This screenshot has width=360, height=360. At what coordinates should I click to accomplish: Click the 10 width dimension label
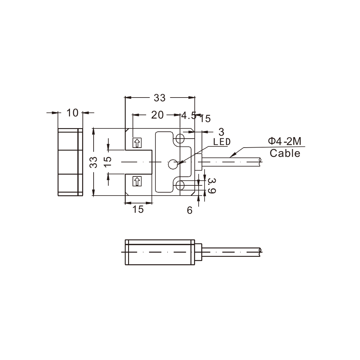pos(72,113)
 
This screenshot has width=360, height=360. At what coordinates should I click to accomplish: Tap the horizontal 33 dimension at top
pos(159,98)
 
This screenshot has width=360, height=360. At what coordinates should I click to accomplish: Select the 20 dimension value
pos(157,115)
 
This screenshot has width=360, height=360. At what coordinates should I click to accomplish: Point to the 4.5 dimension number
pos(189,116)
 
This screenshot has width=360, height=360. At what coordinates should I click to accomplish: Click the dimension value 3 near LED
pos(221,132)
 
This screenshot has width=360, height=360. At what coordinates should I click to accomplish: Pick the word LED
pos(222,142)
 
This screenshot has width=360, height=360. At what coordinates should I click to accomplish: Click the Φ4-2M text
pos(285,141)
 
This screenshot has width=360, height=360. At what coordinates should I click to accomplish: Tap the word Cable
pos(285,153)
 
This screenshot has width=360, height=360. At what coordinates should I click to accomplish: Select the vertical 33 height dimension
pos(94,162)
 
